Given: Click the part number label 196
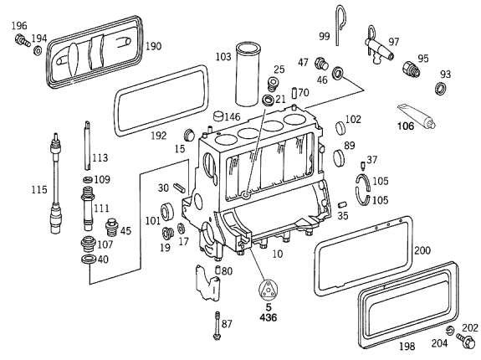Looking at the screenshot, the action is click(x=19, y=25).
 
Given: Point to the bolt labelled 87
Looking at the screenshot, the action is click(x=217, y=326).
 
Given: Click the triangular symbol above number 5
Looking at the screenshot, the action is click(x=269, y=291).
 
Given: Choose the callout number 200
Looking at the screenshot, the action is click(x=422, y=250).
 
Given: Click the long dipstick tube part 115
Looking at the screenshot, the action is click(x=56, y=183).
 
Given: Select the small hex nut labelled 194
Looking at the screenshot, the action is click(x=38, y=50).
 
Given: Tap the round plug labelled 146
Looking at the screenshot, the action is click(x=218, y=116).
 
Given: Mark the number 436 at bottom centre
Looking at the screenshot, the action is click(x=269, y=317).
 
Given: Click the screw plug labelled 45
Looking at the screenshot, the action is click(x=111, y=229).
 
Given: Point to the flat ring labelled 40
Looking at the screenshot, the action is click(x=89, y=259).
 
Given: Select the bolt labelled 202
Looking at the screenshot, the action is click(x=465, y=341).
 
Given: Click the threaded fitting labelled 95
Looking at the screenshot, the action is click(x=411, y=69).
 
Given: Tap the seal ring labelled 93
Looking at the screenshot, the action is click(x=440, y=88).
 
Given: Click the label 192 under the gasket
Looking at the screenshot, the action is click(x=159, y=136).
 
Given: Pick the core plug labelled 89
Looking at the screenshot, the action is click(x=339, y=157).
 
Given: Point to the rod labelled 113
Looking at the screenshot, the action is click(x=87, y=145).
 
